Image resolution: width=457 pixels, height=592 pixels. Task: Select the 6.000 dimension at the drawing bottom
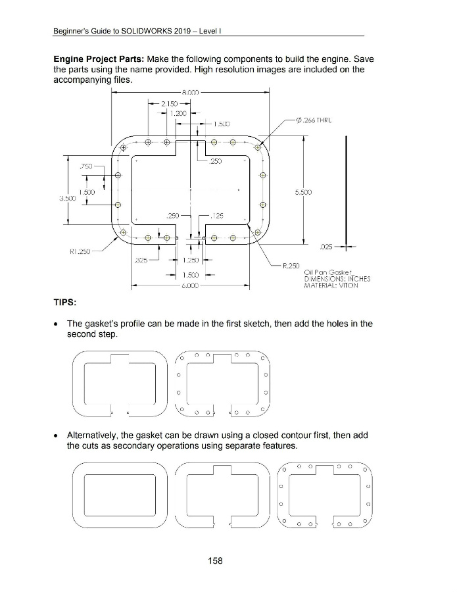tap(189, 286)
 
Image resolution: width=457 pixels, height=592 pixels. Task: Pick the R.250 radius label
tap(292, 266)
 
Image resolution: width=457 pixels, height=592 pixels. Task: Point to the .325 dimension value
tap(141, 260)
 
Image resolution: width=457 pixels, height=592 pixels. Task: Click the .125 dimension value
tap(217, 214)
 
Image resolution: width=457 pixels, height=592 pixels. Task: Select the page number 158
tap(214, 560)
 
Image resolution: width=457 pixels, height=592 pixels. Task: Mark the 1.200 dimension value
tap(174, 113)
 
